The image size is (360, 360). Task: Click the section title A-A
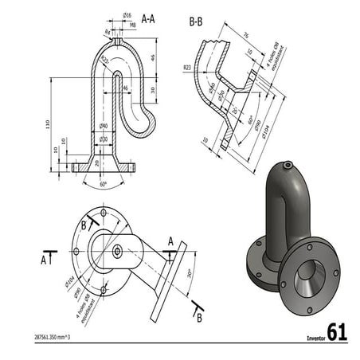(148, 17)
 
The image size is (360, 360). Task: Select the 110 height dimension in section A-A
(49, 125)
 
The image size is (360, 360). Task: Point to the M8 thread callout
(133, 25)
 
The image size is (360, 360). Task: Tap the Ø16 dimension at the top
(127, 15)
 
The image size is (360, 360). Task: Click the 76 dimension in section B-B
(245, 35)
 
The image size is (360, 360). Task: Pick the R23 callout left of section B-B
(186, 68)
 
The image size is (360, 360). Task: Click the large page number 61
(337, 332)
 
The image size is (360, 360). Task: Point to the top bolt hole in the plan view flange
(104, 213)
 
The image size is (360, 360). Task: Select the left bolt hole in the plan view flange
(76, 252)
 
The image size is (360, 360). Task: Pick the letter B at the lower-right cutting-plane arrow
(198, 318)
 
